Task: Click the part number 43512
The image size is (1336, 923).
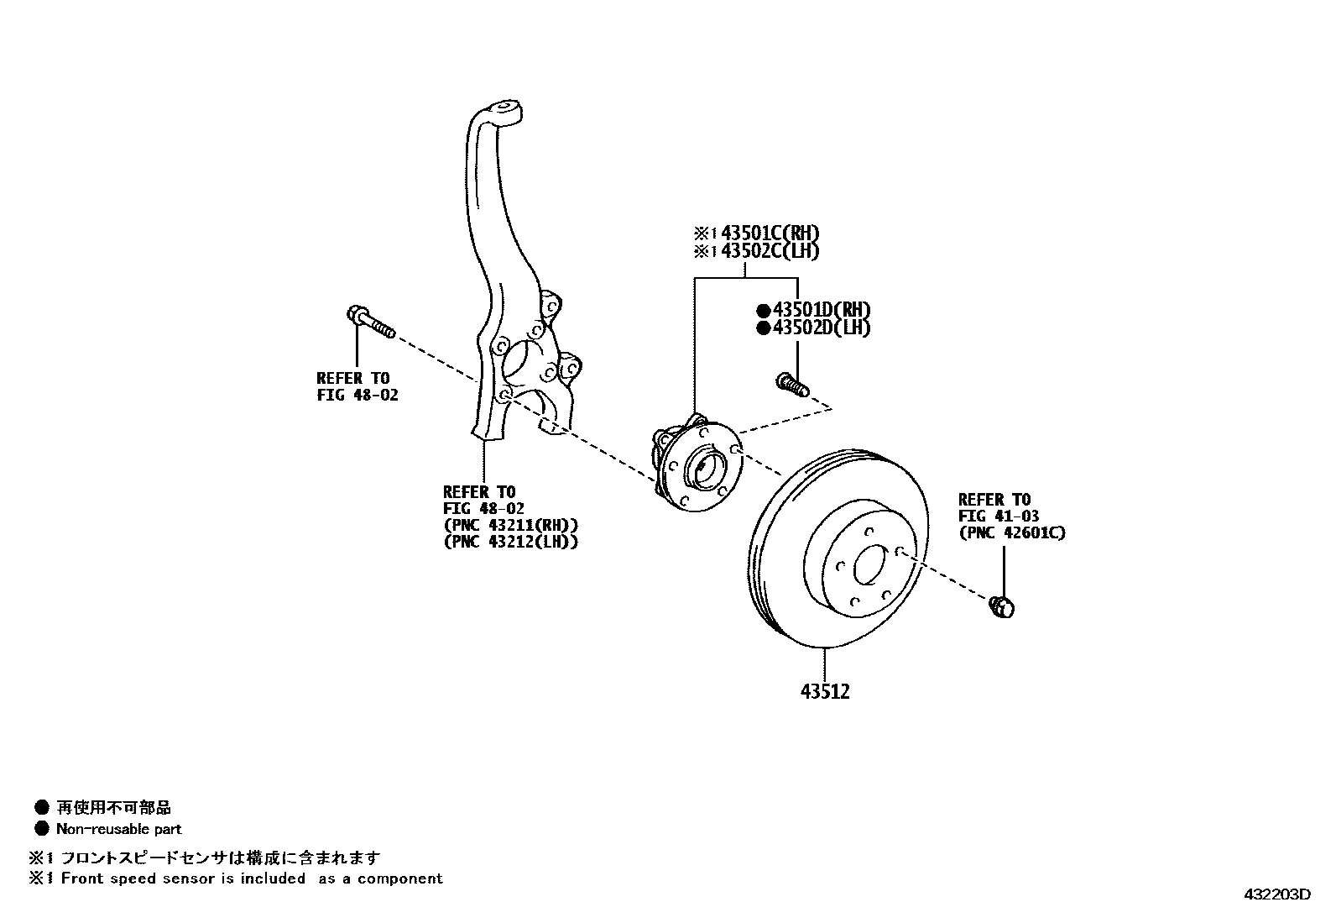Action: [824, 692]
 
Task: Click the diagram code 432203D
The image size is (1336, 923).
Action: [1276, 894]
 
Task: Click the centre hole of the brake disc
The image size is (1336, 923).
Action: [869, 565]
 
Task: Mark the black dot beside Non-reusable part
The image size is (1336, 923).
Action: [41, 829]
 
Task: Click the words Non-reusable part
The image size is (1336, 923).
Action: [118, 829]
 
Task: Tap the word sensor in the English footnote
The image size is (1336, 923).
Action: [212, 878]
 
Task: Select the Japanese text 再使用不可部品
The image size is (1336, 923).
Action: [113, 808]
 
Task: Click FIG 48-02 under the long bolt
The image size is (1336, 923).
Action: [357, 394]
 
